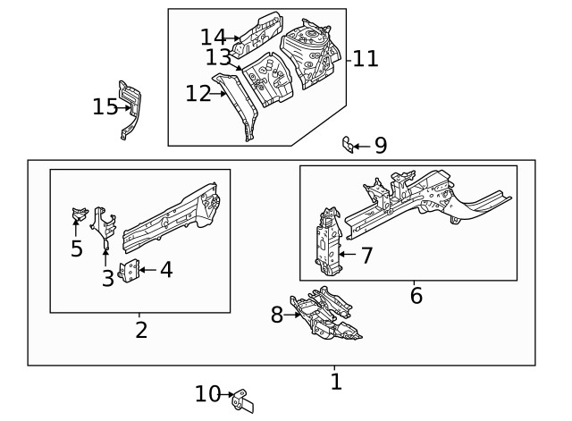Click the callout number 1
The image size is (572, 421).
pos(336,383)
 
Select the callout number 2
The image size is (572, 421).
pos(141,330)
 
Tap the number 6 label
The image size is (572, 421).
pos(416,295)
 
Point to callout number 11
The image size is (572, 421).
pos(366,60)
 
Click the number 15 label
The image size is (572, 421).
pos(105,107)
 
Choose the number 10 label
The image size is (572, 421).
pos(206,394)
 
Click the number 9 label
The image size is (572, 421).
pos(381,146)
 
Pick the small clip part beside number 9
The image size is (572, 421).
pos(349,144)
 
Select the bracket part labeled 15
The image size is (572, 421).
pos(130,110)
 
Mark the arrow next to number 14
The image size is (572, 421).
pos(236,38)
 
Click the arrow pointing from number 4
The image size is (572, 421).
pos(147,268)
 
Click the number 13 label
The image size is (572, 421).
pos(217,58)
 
